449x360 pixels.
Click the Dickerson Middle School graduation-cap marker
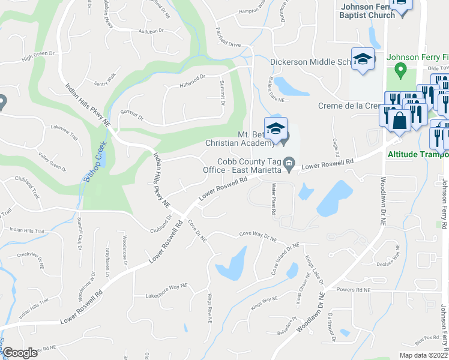(363, 59)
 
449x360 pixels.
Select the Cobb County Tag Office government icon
(289, 163)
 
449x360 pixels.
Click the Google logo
(20, 353)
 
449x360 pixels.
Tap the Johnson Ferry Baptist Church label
(367, 11)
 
